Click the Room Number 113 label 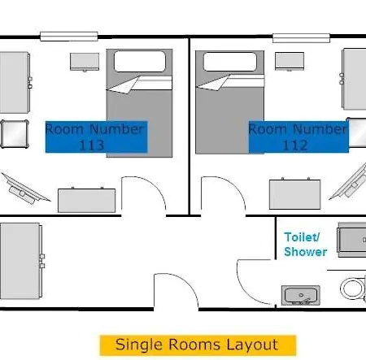(96, 137)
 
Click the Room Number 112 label (298, 137)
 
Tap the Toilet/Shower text (305, 245)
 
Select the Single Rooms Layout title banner (198, 345)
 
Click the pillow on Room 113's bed (140, 61)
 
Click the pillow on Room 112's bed (230, 62)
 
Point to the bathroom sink (301, 295)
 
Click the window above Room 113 (69, 37)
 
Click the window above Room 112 (301, 38)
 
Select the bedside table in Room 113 (85, 62)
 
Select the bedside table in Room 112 (290, 62)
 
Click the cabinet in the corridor (21, 261)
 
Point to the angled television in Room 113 (25, 189)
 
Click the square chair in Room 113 (15, 134)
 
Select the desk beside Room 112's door (295, 194)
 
